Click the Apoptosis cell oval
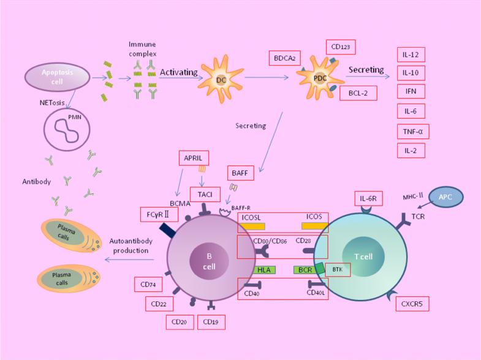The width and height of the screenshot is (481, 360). (x=57, y=77)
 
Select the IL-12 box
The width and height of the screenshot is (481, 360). (x=411, y=55)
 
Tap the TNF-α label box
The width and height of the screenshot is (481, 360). (x=413, y=132)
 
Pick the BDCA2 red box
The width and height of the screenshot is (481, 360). (x=285, y=58)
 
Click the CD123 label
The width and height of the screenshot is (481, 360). (x=341, y=47)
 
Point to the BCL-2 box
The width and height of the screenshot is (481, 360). (x=358, y=93)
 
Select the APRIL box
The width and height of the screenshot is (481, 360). (x=194, y=158)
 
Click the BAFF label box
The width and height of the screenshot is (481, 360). (x=240, y=173)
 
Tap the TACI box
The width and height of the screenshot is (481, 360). (x=205, y=195)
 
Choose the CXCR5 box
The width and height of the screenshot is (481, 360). (x=412, y=304)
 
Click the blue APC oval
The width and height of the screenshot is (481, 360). (x=445, y=197)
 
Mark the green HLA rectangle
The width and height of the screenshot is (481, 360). (x=264, y=270)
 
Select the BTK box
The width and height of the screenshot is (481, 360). (x=338, y=269)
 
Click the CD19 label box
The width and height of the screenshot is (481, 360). (x=211, y=322)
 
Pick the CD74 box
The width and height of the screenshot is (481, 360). (x=148, y=285)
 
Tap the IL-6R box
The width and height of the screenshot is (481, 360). (x=368, y=198)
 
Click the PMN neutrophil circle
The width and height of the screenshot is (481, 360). (x=67, y=130)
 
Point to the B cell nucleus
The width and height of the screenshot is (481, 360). (x=209, y=261)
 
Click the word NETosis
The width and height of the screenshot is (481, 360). (x=52, y=103)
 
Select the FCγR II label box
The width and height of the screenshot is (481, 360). (x=159, y=214)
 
